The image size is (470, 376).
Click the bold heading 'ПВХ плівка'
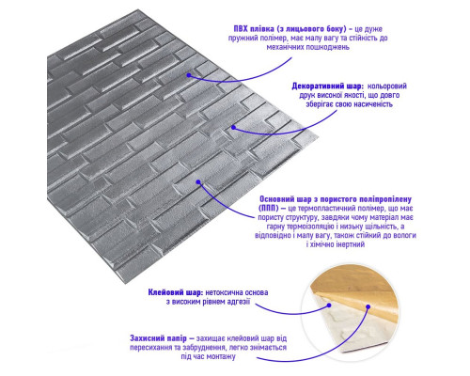(254, 29)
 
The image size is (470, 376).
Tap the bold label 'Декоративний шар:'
(327, 86)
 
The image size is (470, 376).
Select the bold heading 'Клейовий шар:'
(176, 292)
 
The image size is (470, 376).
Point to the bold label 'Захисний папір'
(158, 338)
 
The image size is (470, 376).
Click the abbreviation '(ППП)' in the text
(268, 209)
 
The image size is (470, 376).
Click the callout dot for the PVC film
(189, 75)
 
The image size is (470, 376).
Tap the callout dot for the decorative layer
(233, 127)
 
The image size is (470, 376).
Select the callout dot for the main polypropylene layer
(198, 182)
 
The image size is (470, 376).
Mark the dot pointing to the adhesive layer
(329, 305)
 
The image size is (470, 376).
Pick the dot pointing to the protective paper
(368, 306)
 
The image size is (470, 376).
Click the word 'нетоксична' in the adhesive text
(224, 292)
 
